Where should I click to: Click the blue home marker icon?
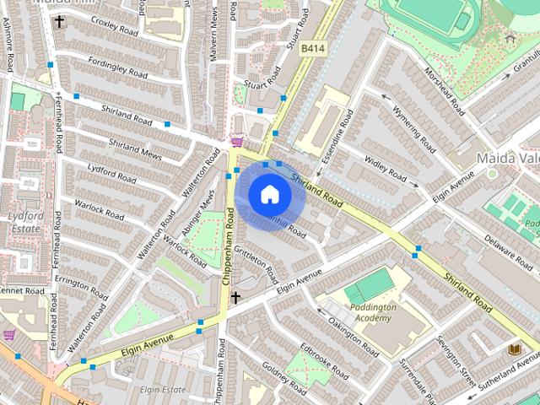pos(269,195)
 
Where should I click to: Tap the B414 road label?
pos(313,50)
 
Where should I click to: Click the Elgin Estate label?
pos(163,390)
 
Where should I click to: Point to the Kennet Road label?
pos(23,291)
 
